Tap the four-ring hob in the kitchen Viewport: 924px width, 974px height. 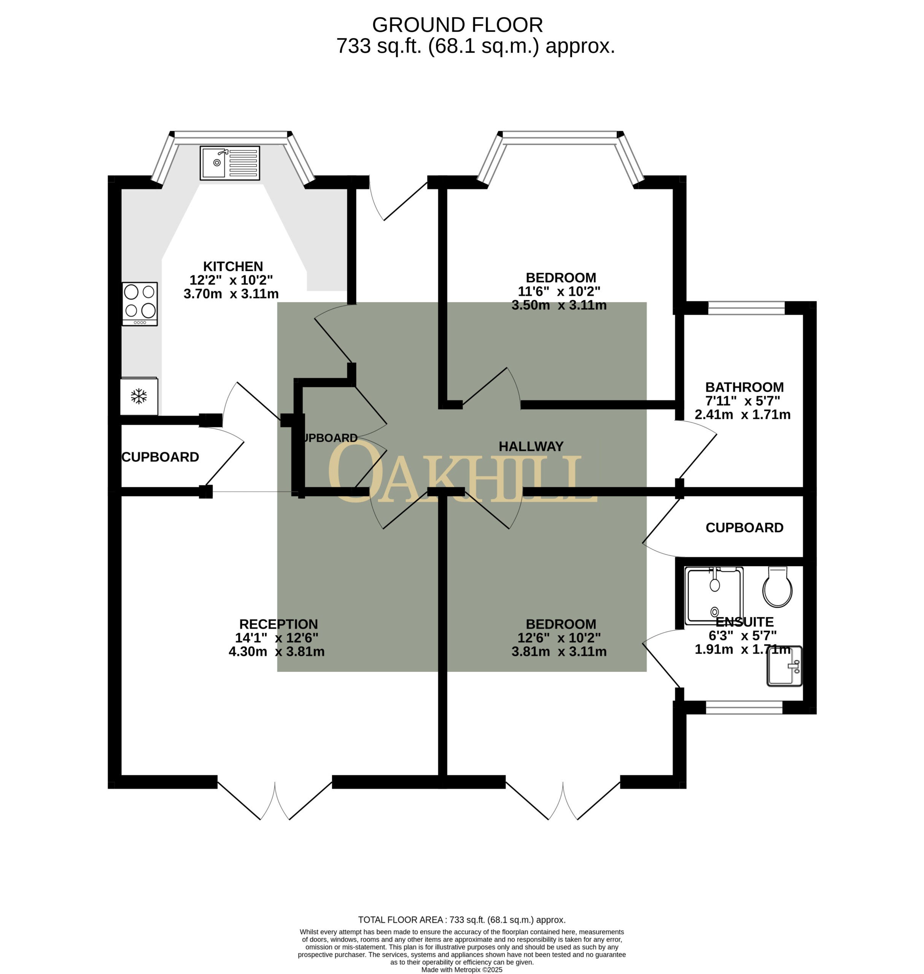(x=140, y=304)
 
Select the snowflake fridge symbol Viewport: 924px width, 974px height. (x=139, y=396)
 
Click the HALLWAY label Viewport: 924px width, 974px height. (x=531, y=446)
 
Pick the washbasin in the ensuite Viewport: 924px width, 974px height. (x=785, y=666)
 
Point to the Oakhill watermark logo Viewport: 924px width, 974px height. (x=463, y=473)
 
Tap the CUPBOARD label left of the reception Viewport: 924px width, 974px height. (x=160, y=457)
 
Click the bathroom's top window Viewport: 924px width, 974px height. (x=746, y=308)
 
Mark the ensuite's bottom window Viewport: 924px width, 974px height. (x=744, y=708)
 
